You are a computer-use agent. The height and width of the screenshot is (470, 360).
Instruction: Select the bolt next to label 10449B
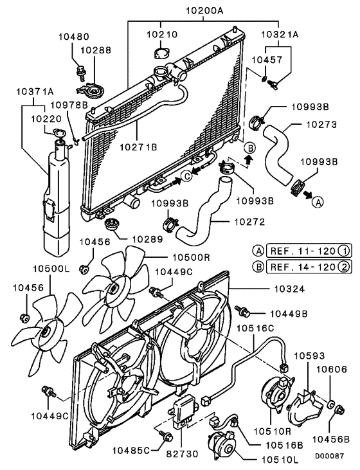point(244,311)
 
